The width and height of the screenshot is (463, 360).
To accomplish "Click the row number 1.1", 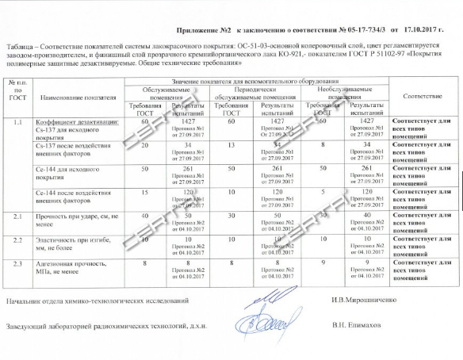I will pyautogui.click(x=17, y=121).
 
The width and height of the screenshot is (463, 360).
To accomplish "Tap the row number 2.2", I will pyautogui.click(x=17, y=239).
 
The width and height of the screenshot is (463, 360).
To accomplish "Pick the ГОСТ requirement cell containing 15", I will pyautogui.click(x=144, y=192).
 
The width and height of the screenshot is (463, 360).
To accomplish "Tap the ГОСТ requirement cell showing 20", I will pyautogui.click(x=144, y=145).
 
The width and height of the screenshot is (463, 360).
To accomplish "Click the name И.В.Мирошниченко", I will pyautogui.click(x=367, y=299).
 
